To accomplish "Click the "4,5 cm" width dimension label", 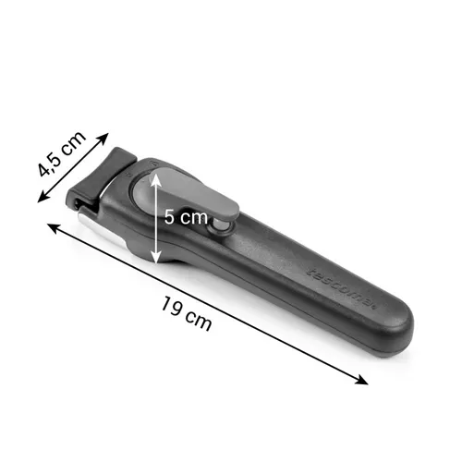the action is point(61,153).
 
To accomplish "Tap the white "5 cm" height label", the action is point(186,217).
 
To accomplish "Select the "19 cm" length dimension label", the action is point(187,313).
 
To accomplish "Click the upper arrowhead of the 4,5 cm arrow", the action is point(103,139).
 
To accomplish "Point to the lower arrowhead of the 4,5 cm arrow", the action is point(43,197).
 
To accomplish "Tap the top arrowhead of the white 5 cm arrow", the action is point(156,178).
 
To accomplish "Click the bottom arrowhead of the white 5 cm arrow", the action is point(156,258).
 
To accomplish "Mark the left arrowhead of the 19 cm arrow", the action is point(53,228).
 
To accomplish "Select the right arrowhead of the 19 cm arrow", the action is point(361,381).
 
